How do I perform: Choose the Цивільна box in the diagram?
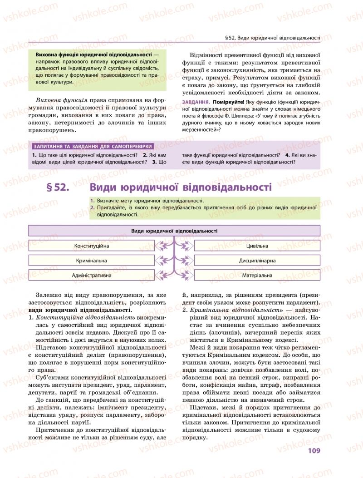(x=257, y=246)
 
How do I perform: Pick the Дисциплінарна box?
(x=257, y=261)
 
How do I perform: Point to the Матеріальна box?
(x=257, y=275)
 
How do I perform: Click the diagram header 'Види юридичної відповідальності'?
(x=174, y=231)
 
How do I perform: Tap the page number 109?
(x=314, y=450)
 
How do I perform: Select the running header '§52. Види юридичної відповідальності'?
(x=273, y=38)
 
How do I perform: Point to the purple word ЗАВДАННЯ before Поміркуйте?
(x=195, y=102)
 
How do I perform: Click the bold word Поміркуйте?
(x=227, y=102)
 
